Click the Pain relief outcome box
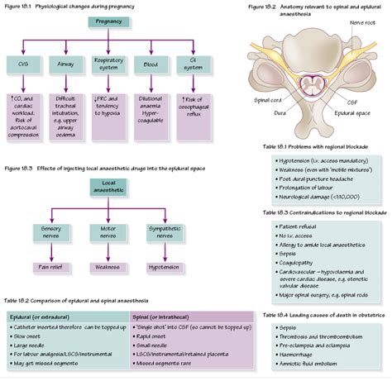point(53,267)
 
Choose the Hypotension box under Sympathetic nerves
point(162,267)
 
